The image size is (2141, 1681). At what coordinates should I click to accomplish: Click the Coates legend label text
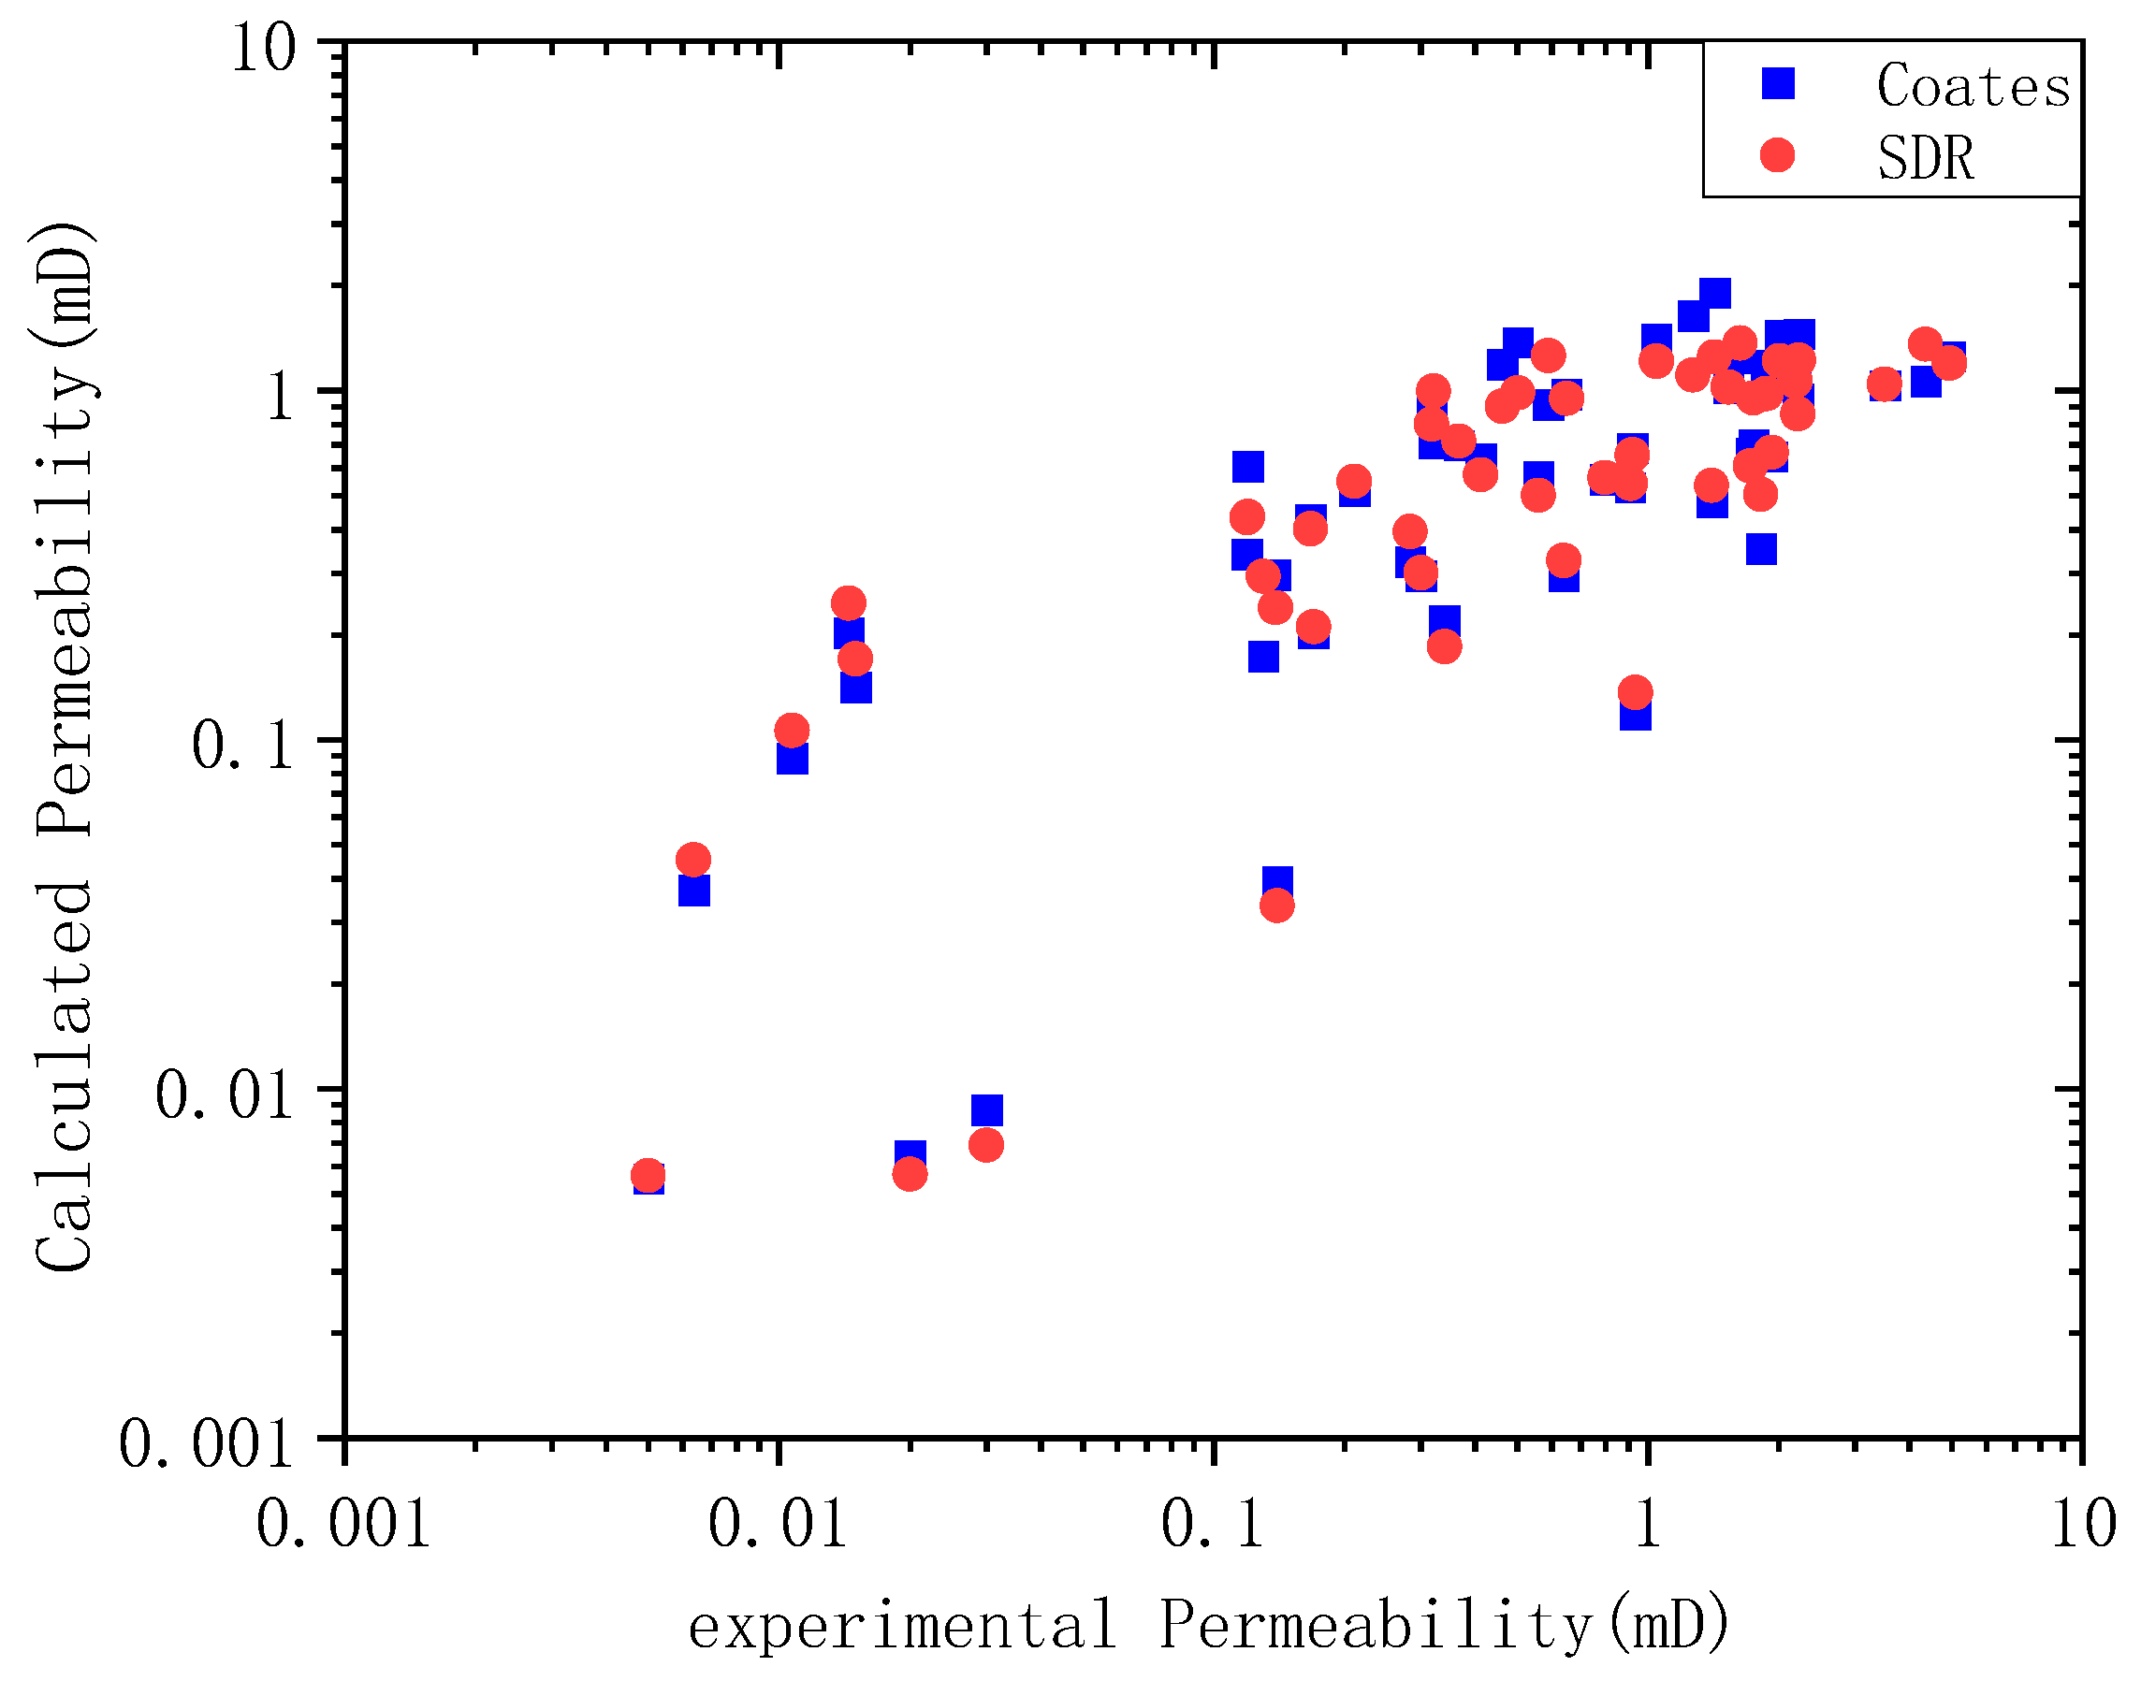[1973, 87]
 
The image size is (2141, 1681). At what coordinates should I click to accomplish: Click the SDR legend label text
[1925, 157]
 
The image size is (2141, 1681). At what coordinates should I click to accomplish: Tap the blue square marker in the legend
[1778, 83]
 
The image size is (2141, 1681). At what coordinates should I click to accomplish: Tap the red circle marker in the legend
[1777, 154]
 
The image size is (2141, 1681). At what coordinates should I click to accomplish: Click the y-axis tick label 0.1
[243, 745]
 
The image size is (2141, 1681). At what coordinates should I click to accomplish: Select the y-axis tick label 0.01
[225, 1094]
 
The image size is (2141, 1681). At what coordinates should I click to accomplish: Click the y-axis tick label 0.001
[206, 1443]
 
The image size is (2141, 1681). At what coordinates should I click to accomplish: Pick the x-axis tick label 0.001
[343, 1525]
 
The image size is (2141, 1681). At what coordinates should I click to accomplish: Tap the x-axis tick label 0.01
[778, 1525]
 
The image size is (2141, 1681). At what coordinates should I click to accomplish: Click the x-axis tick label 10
[2083, 1525]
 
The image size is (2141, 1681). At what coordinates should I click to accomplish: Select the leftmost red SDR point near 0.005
[647, 1175]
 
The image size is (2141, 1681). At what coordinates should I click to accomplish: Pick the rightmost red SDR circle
[1948, 363]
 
